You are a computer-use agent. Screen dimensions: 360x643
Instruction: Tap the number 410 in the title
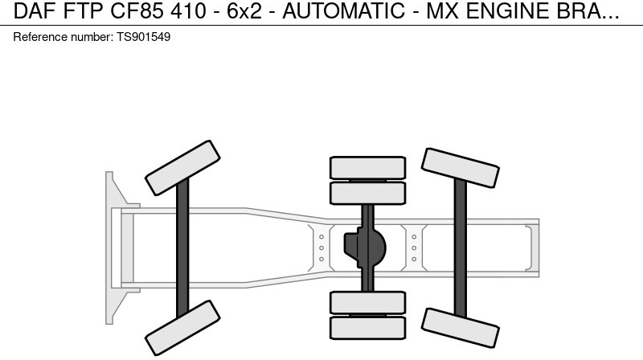(186, 12)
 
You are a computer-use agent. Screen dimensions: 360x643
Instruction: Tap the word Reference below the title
(40, 37)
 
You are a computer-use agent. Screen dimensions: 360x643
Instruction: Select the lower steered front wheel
(182, 328)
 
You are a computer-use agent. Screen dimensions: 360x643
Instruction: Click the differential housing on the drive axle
(366, 248)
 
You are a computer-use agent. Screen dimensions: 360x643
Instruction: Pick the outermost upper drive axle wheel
(367, 167)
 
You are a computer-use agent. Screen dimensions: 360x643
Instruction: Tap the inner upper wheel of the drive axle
(367, 193)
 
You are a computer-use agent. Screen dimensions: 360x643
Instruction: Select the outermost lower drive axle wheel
(367, 328)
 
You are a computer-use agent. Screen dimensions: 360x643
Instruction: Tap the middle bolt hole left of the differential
(321, 248)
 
